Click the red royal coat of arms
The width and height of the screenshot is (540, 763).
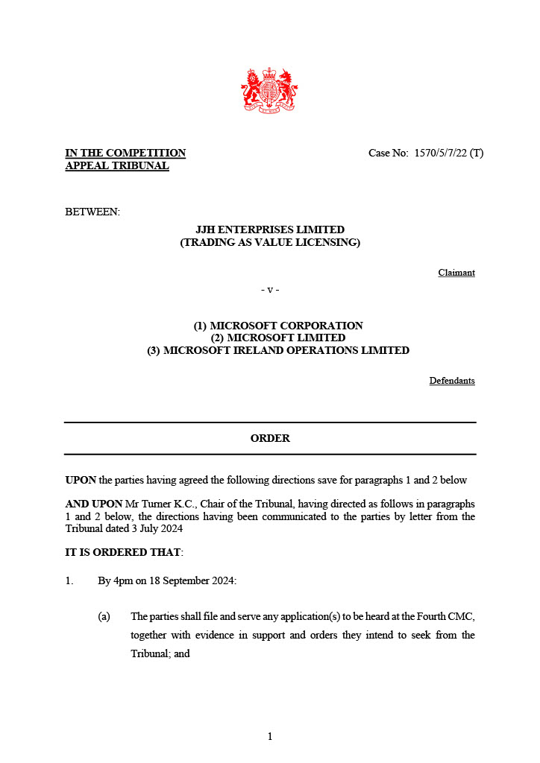(x=269, y=90)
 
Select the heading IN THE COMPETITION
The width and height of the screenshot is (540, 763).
(x=125, y=153)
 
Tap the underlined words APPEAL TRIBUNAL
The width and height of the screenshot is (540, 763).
(x=117, y=166)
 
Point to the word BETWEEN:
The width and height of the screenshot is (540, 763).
(x=92, y=212)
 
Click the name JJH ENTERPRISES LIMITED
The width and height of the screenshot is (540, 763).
(x=270, y=230)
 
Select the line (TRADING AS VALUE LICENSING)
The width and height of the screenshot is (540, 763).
(x=270, y=243)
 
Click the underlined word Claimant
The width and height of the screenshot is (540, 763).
(x=456, y=273)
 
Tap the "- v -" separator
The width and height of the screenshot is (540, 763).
(x=270, y=289)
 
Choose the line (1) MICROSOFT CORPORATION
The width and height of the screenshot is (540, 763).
(x=278, y=326)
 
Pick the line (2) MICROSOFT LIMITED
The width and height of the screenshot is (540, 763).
(x=278, y=338)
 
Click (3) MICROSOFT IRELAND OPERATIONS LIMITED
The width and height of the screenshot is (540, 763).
(x=278, y=350)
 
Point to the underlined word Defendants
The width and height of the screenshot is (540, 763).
(x=452, y=381)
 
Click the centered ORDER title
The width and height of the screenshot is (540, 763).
(x=270, y=438)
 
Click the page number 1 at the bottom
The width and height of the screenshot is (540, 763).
(x=270, y=737)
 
